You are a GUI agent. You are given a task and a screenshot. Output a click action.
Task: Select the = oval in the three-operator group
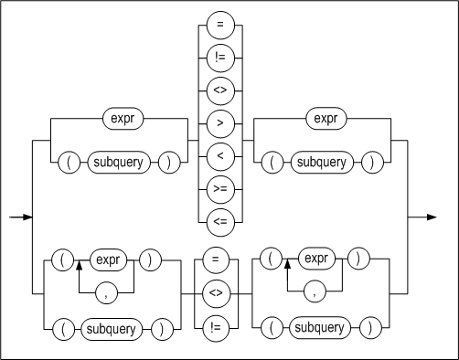click(215, 259)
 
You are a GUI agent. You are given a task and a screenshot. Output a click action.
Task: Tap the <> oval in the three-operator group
click(215, 293)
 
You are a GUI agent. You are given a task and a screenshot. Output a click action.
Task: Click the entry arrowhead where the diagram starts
click(27, 217)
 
